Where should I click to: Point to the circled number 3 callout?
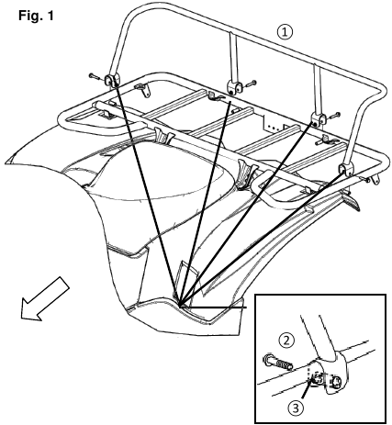click(294, 407)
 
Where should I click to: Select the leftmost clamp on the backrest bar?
click(113, 81)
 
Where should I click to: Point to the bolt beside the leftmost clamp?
click(95, 74)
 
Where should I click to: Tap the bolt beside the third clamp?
click(337, 115)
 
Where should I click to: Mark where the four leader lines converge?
click(178, 301)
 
